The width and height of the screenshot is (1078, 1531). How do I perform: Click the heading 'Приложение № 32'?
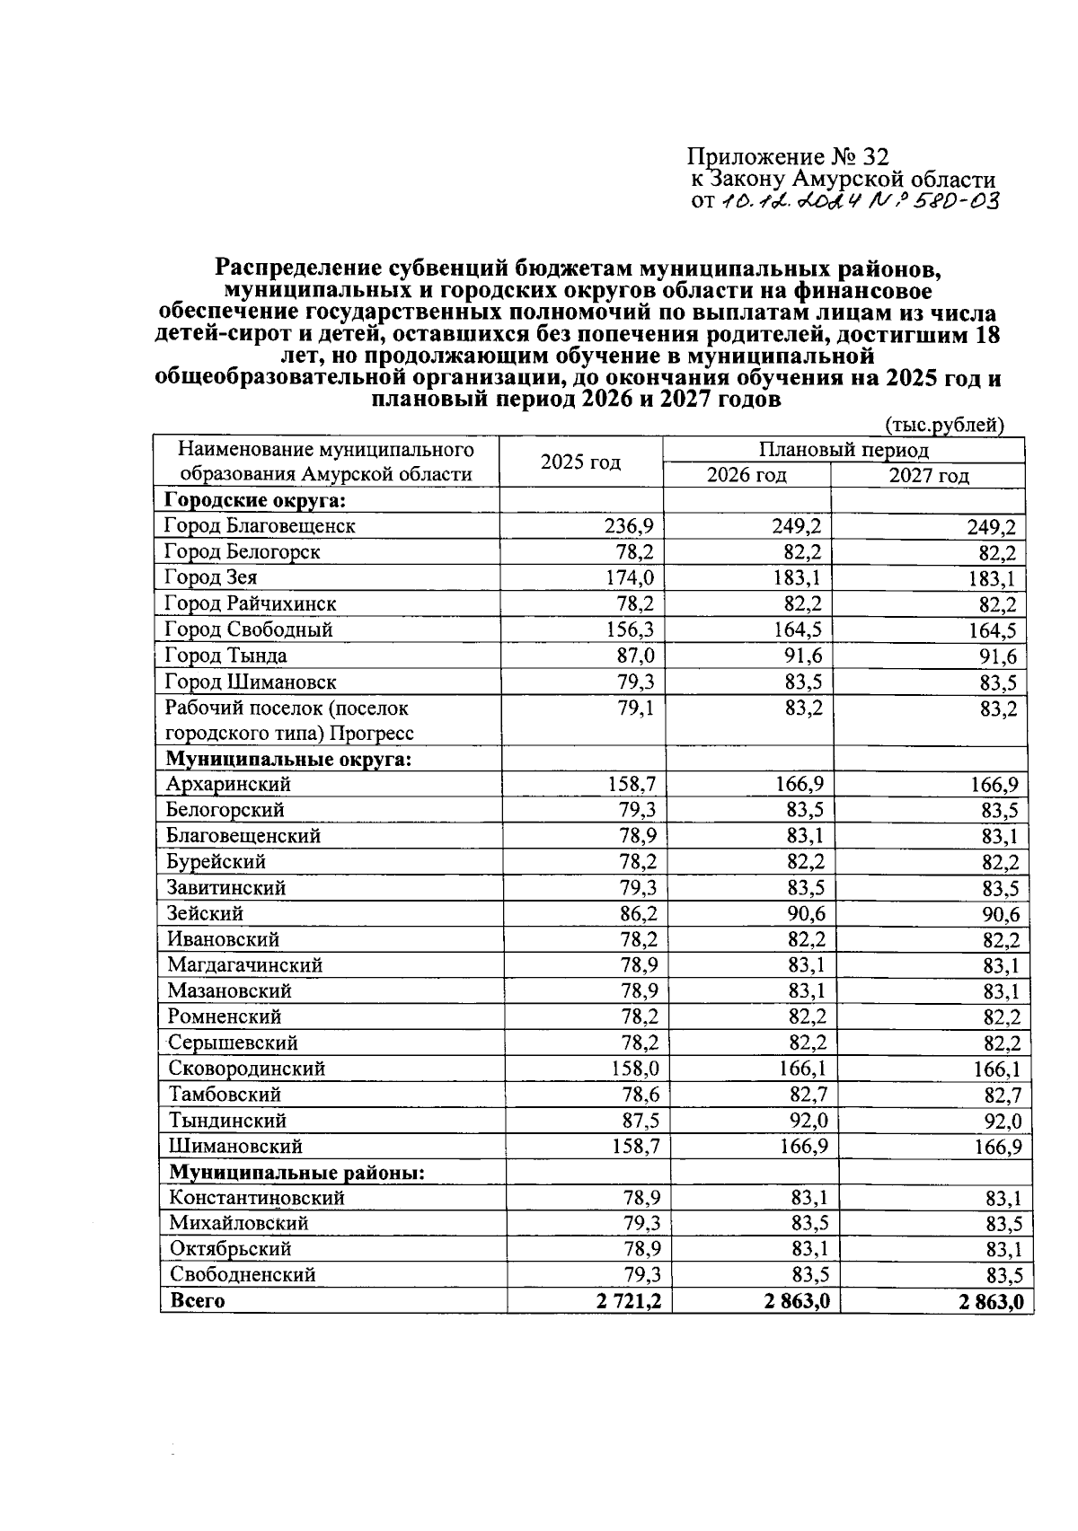point(788,157)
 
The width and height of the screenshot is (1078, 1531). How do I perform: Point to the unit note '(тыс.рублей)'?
point(944,425)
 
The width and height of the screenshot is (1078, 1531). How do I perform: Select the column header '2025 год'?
point(580,462)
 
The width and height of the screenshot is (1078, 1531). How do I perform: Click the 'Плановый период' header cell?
point(843,450)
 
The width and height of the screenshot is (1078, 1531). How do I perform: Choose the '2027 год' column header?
point(929,476)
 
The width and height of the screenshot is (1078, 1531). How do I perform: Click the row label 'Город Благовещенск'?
point(260,526)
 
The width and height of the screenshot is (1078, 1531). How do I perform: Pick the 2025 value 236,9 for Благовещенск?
point(628,526)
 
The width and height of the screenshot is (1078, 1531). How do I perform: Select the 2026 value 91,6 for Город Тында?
point(802,656)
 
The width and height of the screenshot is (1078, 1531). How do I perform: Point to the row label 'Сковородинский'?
point(246,1069)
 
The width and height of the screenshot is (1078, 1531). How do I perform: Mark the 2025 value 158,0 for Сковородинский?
point(635,1069)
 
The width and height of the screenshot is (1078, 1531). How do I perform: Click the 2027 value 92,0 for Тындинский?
point(1001,1122)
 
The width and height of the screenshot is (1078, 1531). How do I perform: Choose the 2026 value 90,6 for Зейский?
point(805,914)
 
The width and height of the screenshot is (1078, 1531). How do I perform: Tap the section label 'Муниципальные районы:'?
point(296,1173)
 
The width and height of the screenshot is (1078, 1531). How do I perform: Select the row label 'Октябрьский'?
point(230,1249)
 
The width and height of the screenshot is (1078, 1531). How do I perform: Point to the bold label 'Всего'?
point(197,1301)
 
